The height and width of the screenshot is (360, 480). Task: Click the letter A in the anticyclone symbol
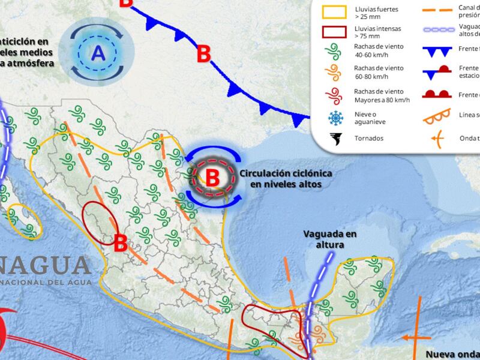point(98,54)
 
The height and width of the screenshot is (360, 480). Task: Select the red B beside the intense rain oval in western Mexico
point(120,243)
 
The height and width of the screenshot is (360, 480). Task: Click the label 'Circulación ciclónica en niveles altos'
point(286,178)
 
